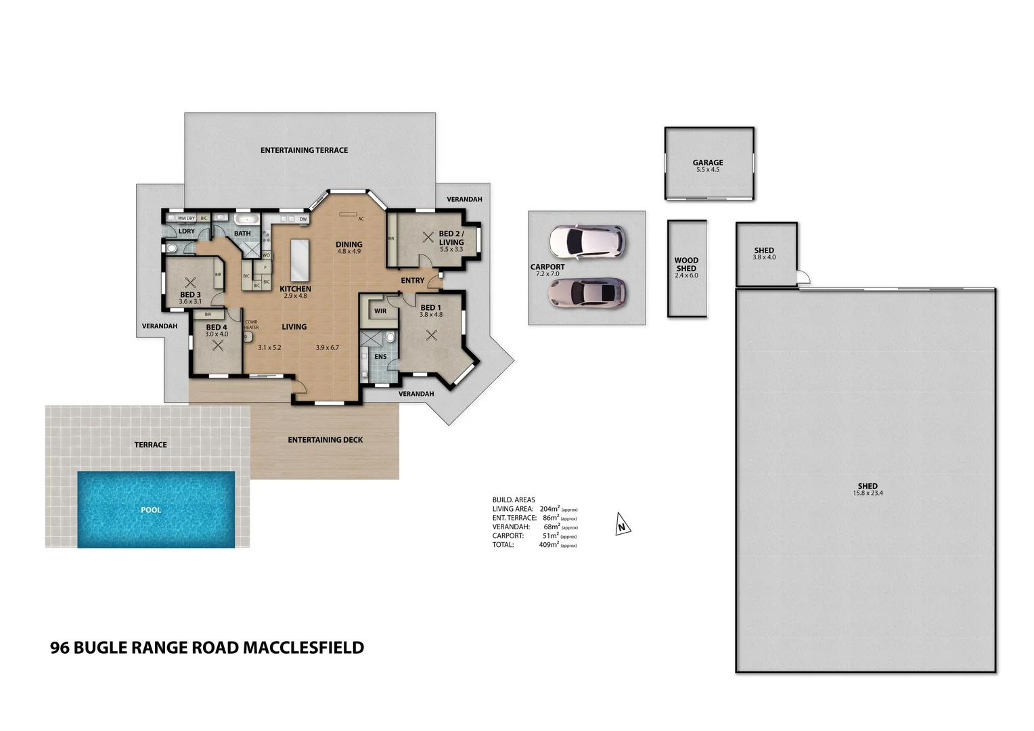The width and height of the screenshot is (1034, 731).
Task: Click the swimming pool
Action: click(x=156, y=509)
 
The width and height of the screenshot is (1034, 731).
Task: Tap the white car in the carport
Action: click(x=586, y=241)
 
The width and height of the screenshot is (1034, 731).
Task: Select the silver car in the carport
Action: click(x=587, y=292)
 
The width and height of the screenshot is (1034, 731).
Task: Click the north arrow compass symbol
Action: click(x=623, y=525)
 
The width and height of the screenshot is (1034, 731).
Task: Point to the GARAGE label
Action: click(x=708, y=162)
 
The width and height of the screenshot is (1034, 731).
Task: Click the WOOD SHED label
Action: click(x=686, y=264)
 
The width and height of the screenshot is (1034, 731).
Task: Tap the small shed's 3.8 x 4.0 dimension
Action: click(x=764, y=258)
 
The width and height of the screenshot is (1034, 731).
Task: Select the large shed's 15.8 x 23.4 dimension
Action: click(x=868, y=493)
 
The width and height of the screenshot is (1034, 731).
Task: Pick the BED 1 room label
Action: click(x=430, y=307)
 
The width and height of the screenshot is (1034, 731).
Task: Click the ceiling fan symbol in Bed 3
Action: click(x=190, y=282)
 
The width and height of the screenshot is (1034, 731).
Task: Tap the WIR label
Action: click(x=380, y=311)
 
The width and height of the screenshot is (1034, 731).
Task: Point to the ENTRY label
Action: click(x=412, y=280)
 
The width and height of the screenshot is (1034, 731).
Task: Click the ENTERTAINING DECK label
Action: click(x=325, y=440)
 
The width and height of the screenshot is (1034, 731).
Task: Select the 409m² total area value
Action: click(x=549, y=545)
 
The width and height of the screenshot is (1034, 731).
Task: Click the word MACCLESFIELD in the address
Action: click(x=303, y=648)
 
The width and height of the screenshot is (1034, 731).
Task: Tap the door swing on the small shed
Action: click(x=803, y=278)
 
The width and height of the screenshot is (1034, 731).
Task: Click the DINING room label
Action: click(x=349, y=244)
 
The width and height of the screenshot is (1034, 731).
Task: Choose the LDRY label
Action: click(x=186, y=231)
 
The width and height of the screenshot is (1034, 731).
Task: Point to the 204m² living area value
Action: click(x=549, y=509)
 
